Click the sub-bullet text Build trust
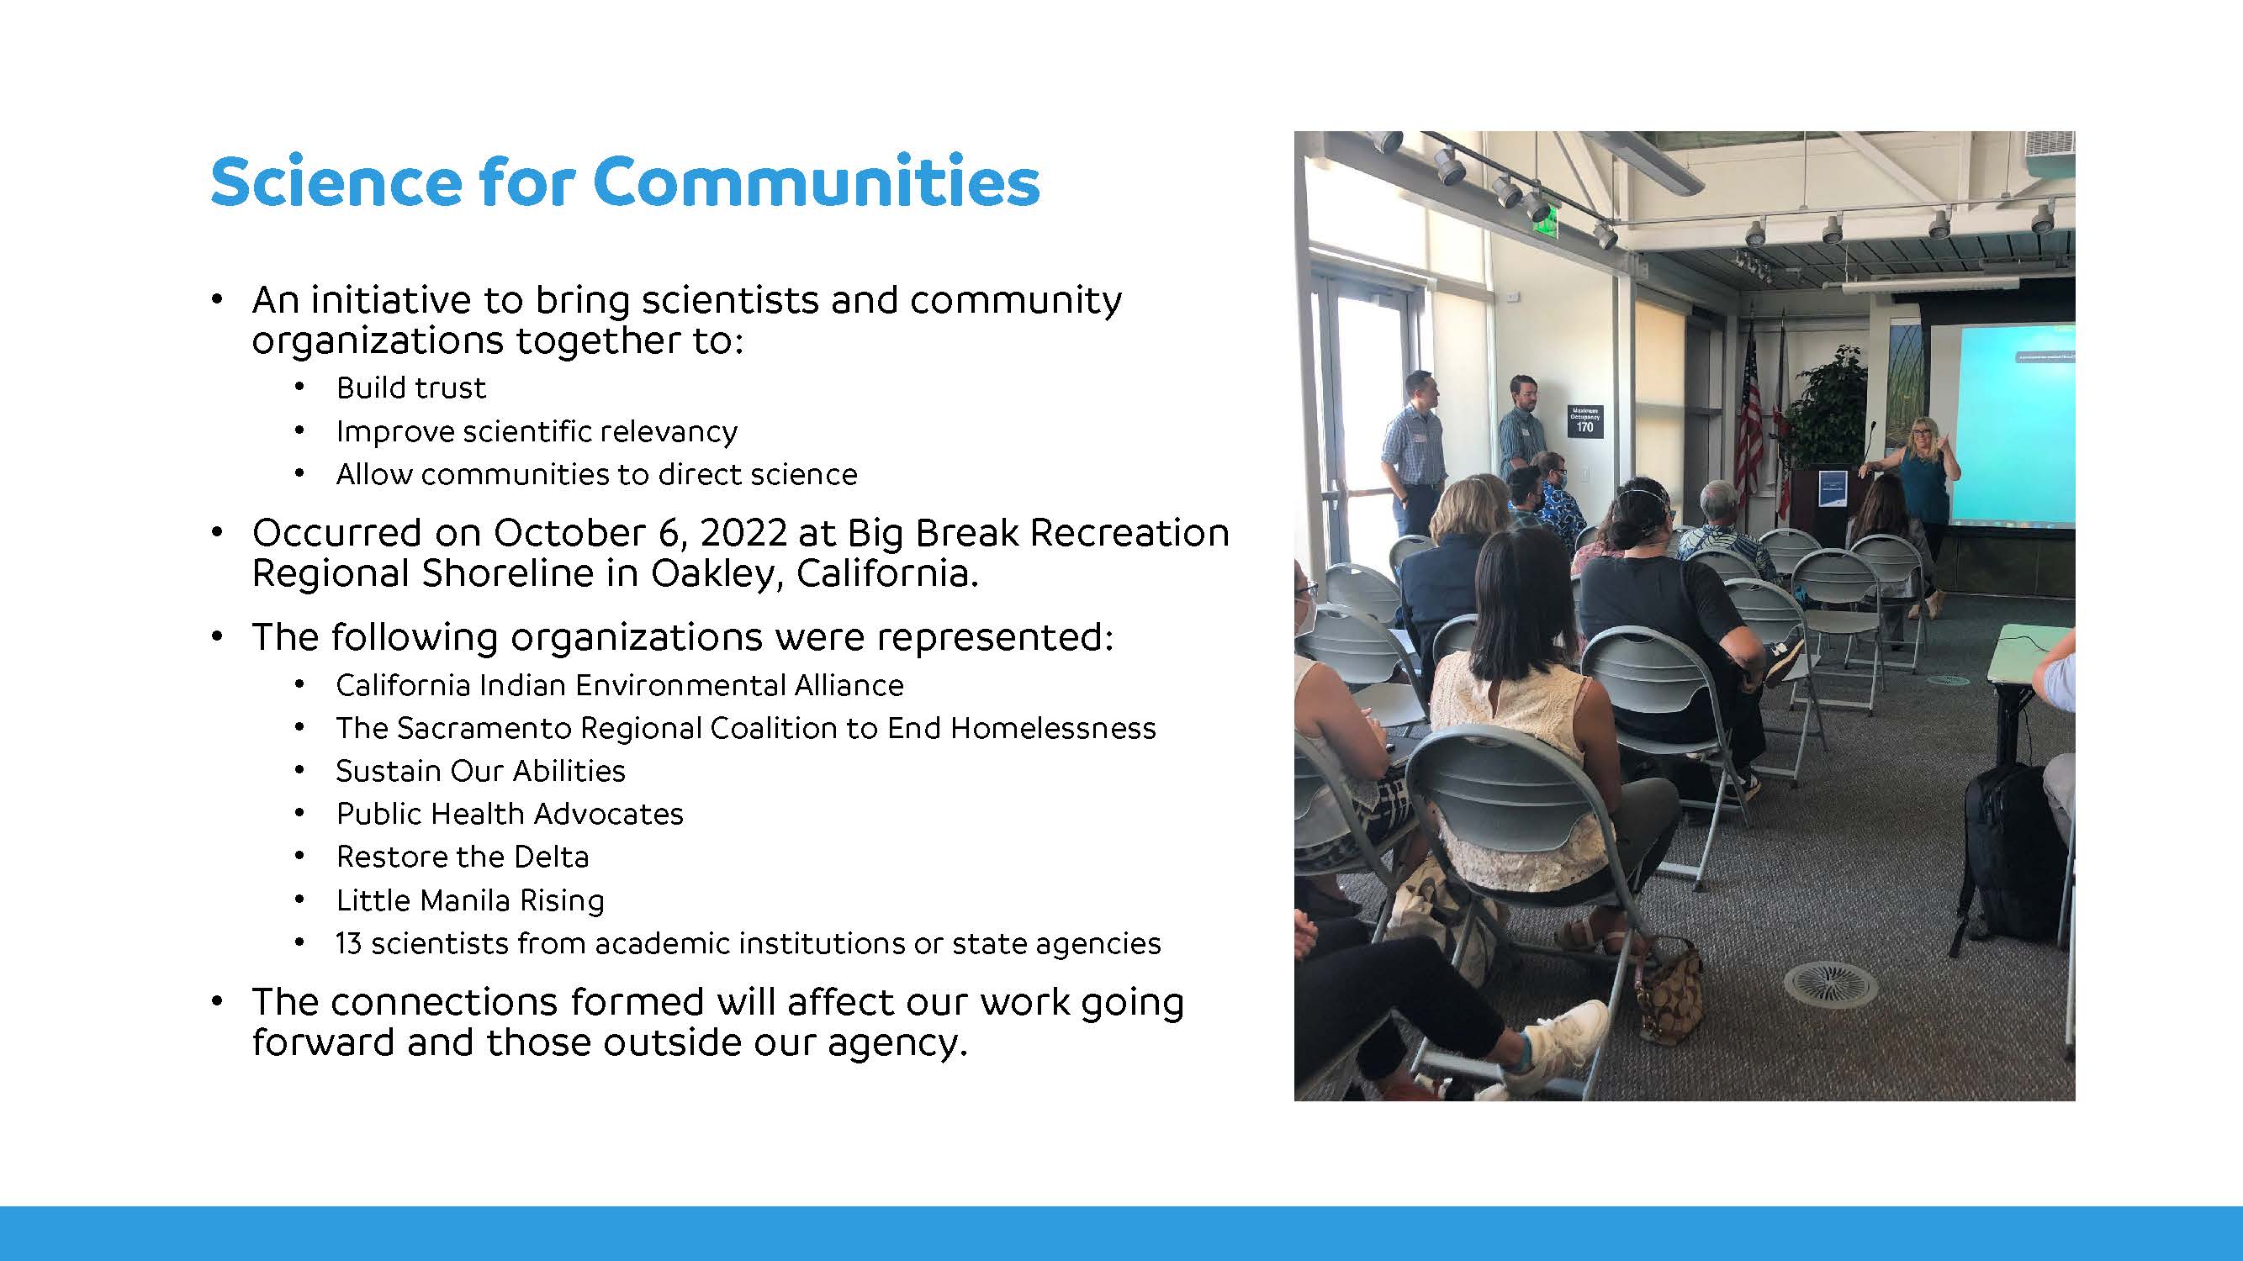click(x=411, y=388)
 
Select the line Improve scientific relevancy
click(x=537, y=430)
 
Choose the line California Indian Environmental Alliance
click(x=620, y=685)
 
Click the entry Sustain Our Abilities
click(x=481, y=771)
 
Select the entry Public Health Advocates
click(x=510, y=814)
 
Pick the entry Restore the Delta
click(x=463, y=857)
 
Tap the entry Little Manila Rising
click(x=470, y=900)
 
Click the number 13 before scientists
click(x=348, y=943)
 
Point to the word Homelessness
click(x=1053, y=727)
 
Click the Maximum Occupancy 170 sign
click(x=1584, y=419)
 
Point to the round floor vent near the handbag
click(x=1829, y=984)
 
